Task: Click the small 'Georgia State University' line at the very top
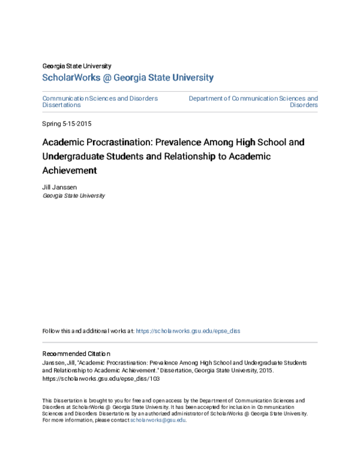76,66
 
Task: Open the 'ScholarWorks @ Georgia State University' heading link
127,77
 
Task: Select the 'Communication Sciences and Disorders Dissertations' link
100,101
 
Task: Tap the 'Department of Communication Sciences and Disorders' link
253,101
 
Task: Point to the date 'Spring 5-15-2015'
67,124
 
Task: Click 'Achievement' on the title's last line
70,171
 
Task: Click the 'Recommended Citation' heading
76,354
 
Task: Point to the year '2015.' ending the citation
266,371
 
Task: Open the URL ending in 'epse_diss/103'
101,379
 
